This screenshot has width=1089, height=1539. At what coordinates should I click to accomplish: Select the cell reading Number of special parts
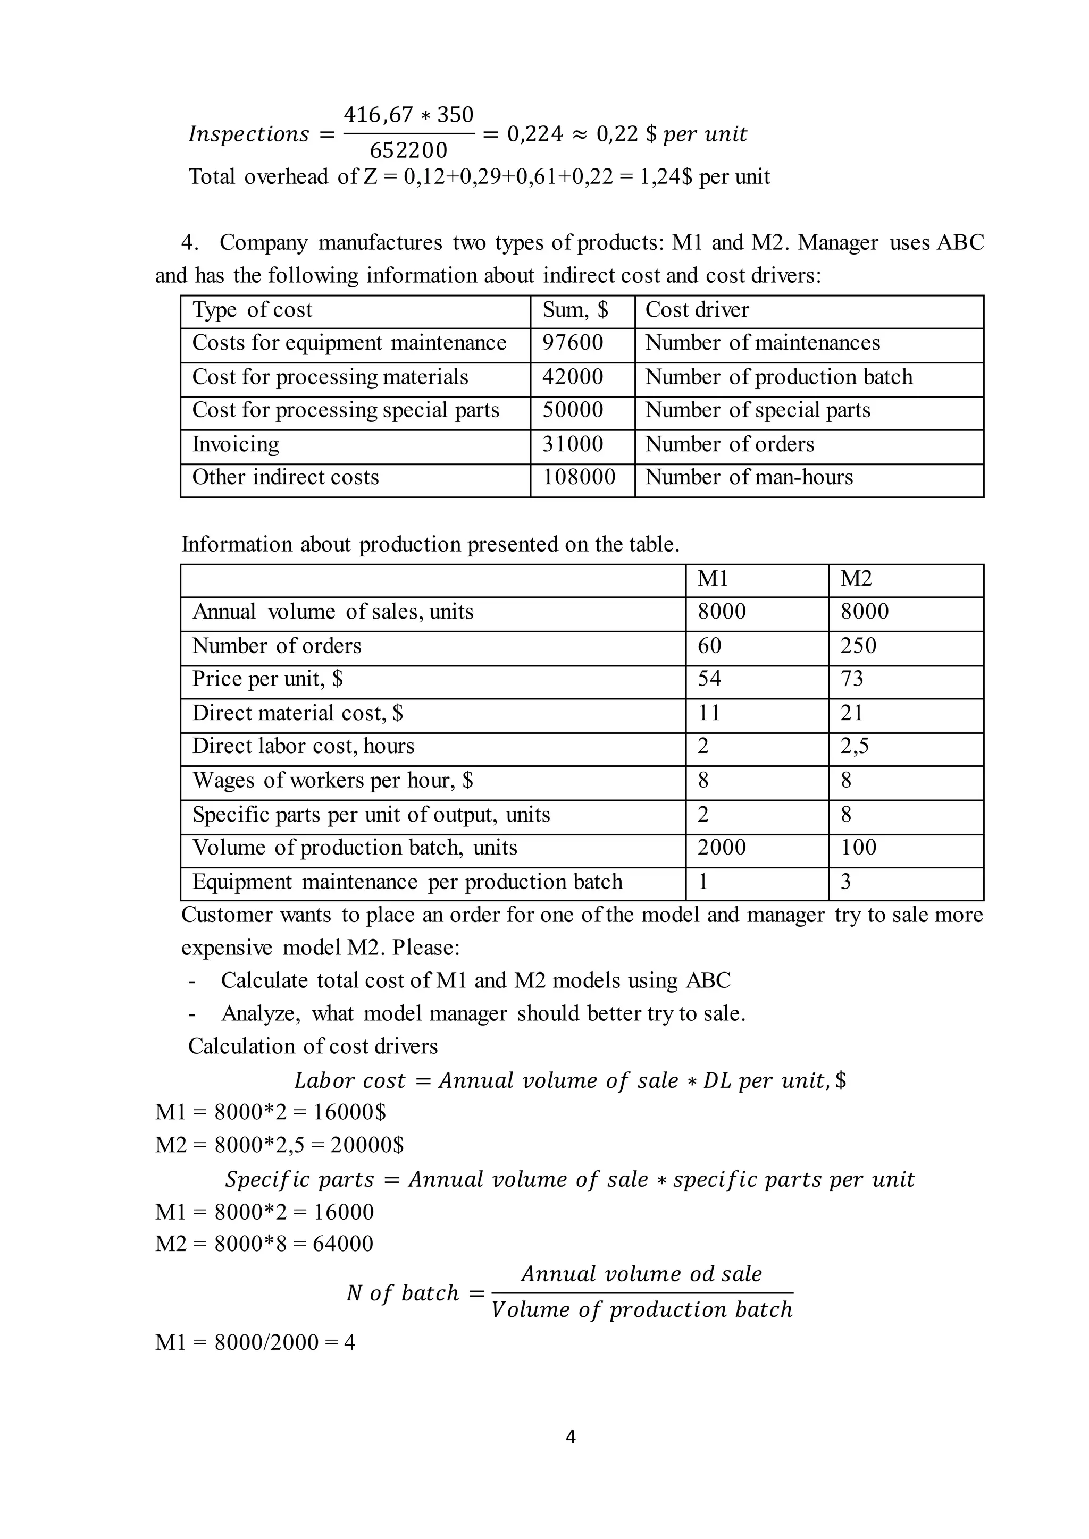coord(757,410)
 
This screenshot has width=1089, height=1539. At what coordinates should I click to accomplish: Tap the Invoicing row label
coord(236,444)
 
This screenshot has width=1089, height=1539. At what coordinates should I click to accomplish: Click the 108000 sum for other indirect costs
coord(579,477)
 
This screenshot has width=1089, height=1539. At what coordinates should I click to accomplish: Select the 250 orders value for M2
coord(858,646)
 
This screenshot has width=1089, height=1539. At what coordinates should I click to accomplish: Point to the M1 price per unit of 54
coord(709,679)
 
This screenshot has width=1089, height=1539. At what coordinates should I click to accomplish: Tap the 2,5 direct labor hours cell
coord(855,747)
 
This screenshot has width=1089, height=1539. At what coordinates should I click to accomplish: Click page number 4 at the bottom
coord(571,1436)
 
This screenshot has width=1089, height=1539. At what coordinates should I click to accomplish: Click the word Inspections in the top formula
coord(248,134)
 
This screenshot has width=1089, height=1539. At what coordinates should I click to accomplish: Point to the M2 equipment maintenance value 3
coord(845,882)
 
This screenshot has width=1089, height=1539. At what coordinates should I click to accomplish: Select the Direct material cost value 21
coord(852,713)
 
